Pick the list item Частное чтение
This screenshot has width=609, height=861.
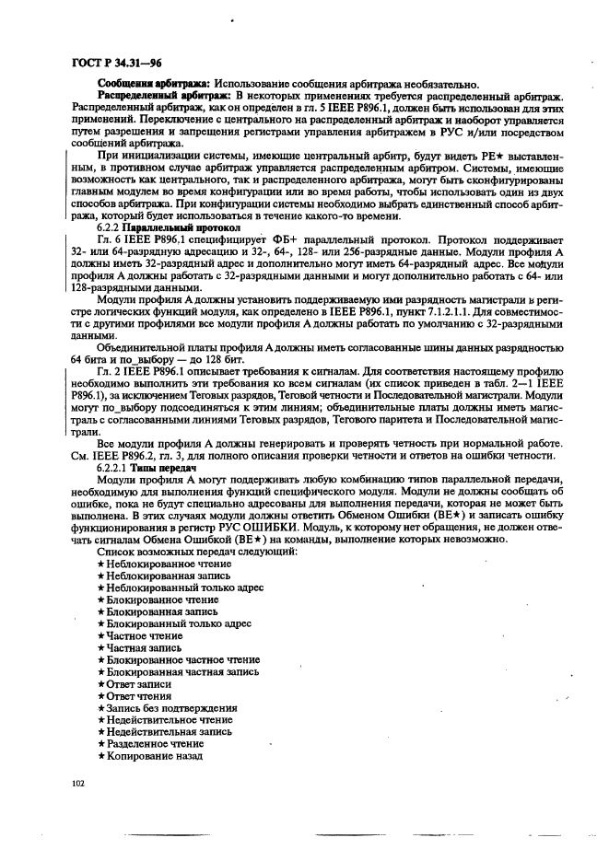pos(144,635)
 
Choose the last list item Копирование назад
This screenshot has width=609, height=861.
pos(154,756)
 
